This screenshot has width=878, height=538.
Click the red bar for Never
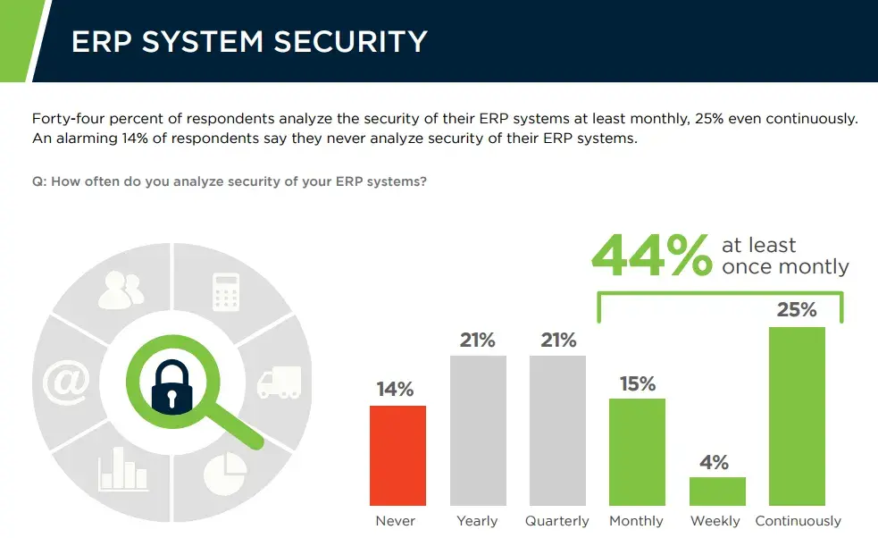(397, 456)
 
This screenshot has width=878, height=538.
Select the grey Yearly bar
(478, 431)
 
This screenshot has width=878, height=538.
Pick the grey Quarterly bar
(557, 431)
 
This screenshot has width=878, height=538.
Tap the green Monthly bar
(637, 452)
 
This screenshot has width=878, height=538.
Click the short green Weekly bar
(716, 492)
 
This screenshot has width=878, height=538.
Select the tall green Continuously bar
(797, 416)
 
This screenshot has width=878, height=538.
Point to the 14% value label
(395, 390)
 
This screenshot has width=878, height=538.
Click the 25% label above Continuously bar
(797, 310)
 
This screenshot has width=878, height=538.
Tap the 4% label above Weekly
(715, 462)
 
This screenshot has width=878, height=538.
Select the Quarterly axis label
(557, 521)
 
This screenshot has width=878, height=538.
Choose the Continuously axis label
(798, 521)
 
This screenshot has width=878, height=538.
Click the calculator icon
(225, 291)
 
